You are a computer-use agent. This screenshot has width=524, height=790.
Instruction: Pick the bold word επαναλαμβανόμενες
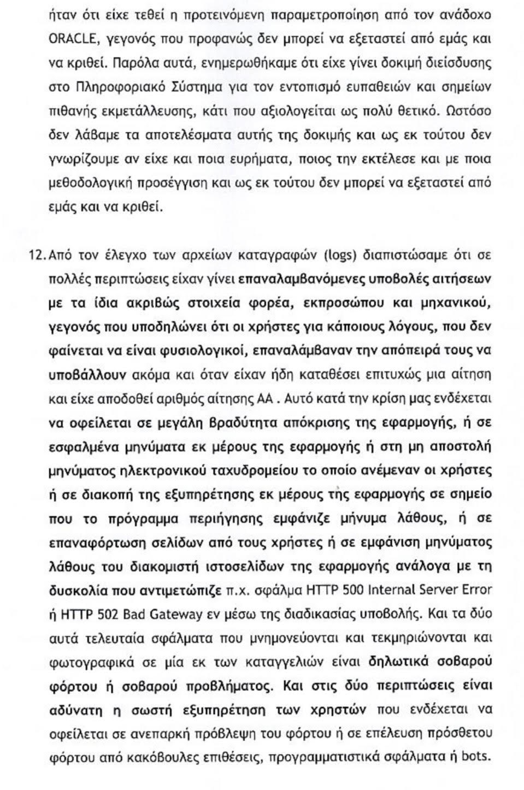294,279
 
